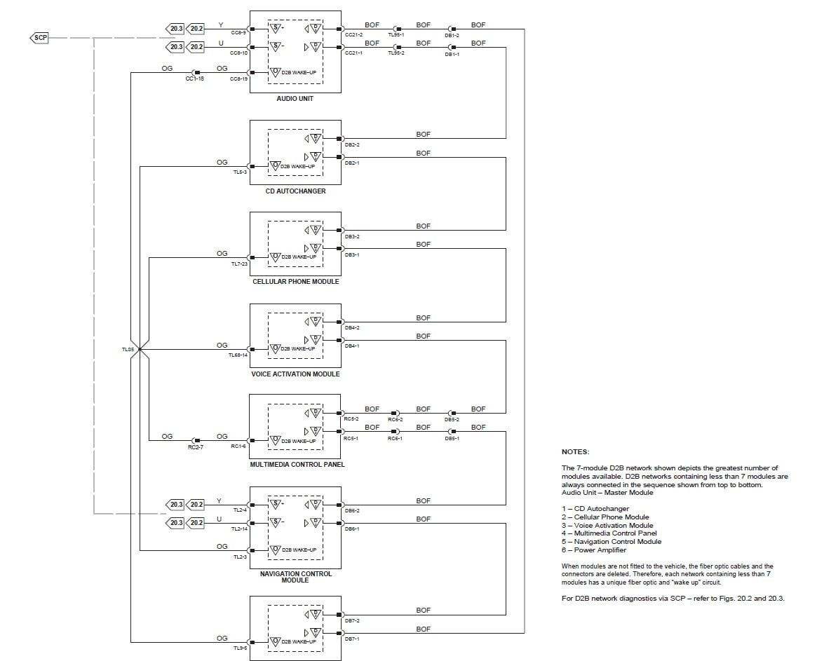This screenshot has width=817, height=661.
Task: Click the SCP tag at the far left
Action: pos(39,37)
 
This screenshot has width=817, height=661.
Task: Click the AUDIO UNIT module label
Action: pos(295,99)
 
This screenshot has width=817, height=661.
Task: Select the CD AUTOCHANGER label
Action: pos(295,191)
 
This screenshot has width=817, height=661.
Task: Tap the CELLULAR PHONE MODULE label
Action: pos(295,282)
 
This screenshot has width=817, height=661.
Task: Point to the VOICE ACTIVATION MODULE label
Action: pos(295,374)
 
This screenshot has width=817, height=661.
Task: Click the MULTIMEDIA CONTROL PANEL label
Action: pos(297,465)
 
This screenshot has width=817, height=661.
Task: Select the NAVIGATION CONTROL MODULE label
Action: pos(295,577)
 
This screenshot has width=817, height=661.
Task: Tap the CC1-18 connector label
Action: pos(195,79)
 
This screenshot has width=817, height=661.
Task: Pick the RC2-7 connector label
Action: pos(195,447)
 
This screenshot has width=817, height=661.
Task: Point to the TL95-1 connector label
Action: pos(396,34)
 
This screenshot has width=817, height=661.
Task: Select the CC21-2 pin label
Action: pos(353,34)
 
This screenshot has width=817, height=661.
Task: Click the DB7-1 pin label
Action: pos(352,639)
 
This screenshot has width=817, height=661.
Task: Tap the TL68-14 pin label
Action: pos(238,355)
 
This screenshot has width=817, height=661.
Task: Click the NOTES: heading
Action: pos(575,452)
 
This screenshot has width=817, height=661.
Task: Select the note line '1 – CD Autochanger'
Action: pos(595,509)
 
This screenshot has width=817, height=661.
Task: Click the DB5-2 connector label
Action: pos(452,420)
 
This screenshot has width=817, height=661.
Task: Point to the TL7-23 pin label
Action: pos(239,264)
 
